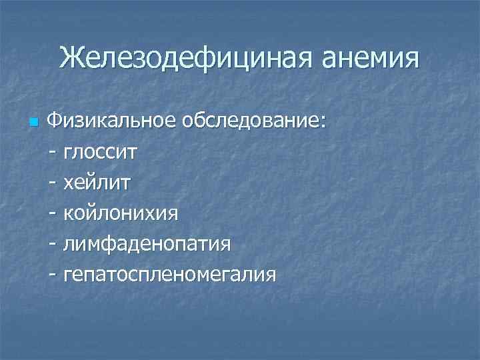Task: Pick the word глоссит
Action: pyautogui.click(x=101, y=153)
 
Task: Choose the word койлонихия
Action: pyautogui.click(x=121, y=213)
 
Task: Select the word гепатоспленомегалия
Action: pyautogui.click(x=169, y=275)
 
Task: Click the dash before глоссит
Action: pyautogui.click(x=53, y=153)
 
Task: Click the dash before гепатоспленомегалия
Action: pyautogui.click(x=53, y=275)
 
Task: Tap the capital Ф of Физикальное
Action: pyautogui.click(x=55, y=122)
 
